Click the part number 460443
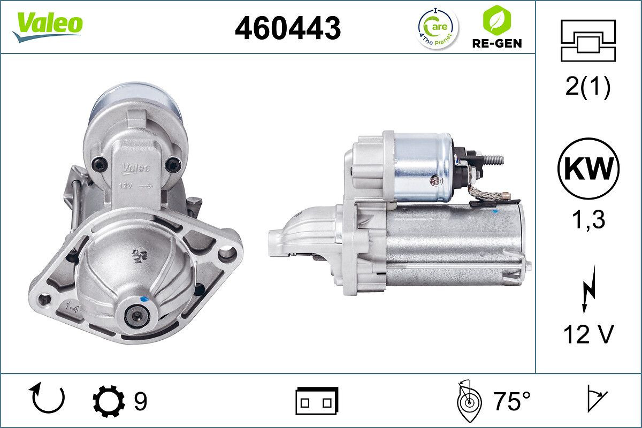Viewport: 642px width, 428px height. pos(288,28)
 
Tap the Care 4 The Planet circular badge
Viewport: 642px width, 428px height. pos(438,28)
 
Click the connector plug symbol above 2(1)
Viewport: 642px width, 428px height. pos(588,41)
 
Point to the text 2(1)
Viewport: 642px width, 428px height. pos(588,87)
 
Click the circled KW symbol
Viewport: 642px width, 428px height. pos(588,168)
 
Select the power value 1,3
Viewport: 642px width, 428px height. pos(588,219)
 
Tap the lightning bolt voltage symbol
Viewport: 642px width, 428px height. pos(588,292)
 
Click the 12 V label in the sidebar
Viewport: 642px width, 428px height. pos(588,335)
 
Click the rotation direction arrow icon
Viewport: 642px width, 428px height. pos(49,399)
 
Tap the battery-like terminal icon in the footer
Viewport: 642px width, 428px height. pos(317,401)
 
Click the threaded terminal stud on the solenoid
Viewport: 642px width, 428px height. pos(493,159)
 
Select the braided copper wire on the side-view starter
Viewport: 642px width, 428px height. pos(487,193)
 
